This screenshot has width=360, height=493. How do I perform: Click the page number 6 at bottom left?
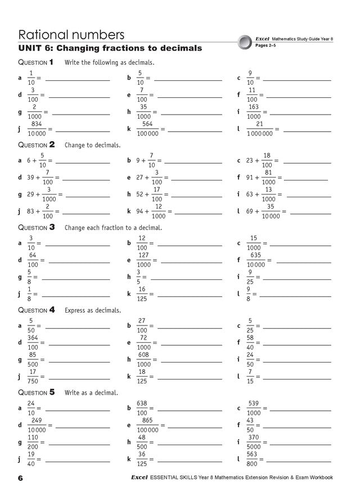tap(20, 478)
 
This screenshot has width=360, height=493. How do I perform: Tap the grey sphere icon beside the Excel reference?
tap(244, 42)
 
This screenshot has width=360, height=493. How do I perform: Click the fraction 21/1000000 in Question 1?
tap(259, 128)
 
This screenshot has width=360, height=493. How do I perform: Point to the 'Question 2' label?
tap(37, 144)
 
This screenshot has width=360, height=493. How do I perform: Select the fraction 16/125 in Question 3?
tap(142, 293)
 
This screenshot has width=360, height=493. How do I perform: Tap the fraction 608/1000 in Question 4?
tap(143, 359)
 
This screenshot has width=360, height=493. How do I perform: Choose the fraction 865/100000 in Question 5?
tap(147, 425)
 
